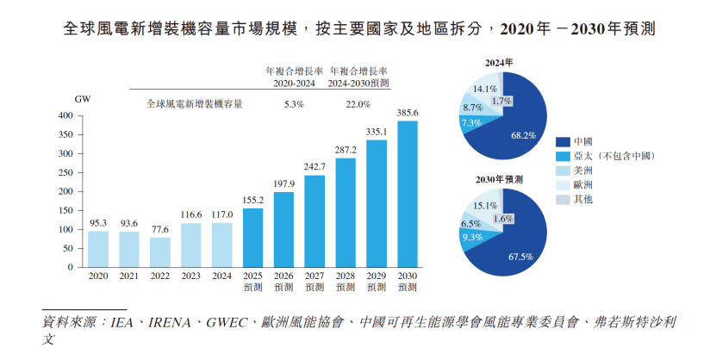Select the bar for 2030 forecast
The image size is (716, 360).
[x=407, y=194]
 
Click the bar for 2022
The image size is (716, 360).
[x=159, y=251]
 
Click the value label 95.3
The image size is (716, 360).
[x=98, y=222]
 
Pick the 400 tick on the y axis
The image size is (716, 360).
[x=65, y=115]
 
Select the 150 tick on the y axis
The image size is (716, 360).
[x=65, y=210]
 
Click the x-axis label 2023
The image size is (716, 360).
[x=190, y=276]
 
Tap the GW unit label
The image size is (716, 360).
[x=83, y=99]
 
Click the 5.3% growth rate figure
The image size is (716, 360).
[x=295, y=104]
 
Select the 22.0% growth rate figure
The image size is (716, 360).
[x=358, y=104]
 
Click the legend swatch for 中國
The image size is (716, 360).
[x=563, y=140]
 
